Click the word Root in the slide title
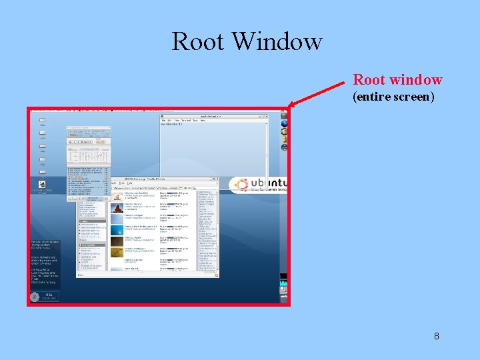(197, 41)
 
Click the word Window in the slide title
(277, 41)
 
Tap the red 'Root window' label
(397, 80)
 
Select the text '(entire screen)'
(393, 97)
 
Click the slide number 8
(437, 336)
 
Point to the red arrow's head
(291, 105)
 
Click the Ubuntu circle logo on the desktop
(241, 185)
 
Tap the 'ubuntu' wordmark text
(270, 183)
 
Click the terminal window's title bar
(213, 115)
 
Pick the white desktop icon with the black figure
(42, 183)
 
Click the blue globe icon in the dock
(284, 123)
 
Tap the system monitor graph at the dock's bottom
(284, 285)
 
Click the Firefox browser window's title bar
(147, 180)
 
